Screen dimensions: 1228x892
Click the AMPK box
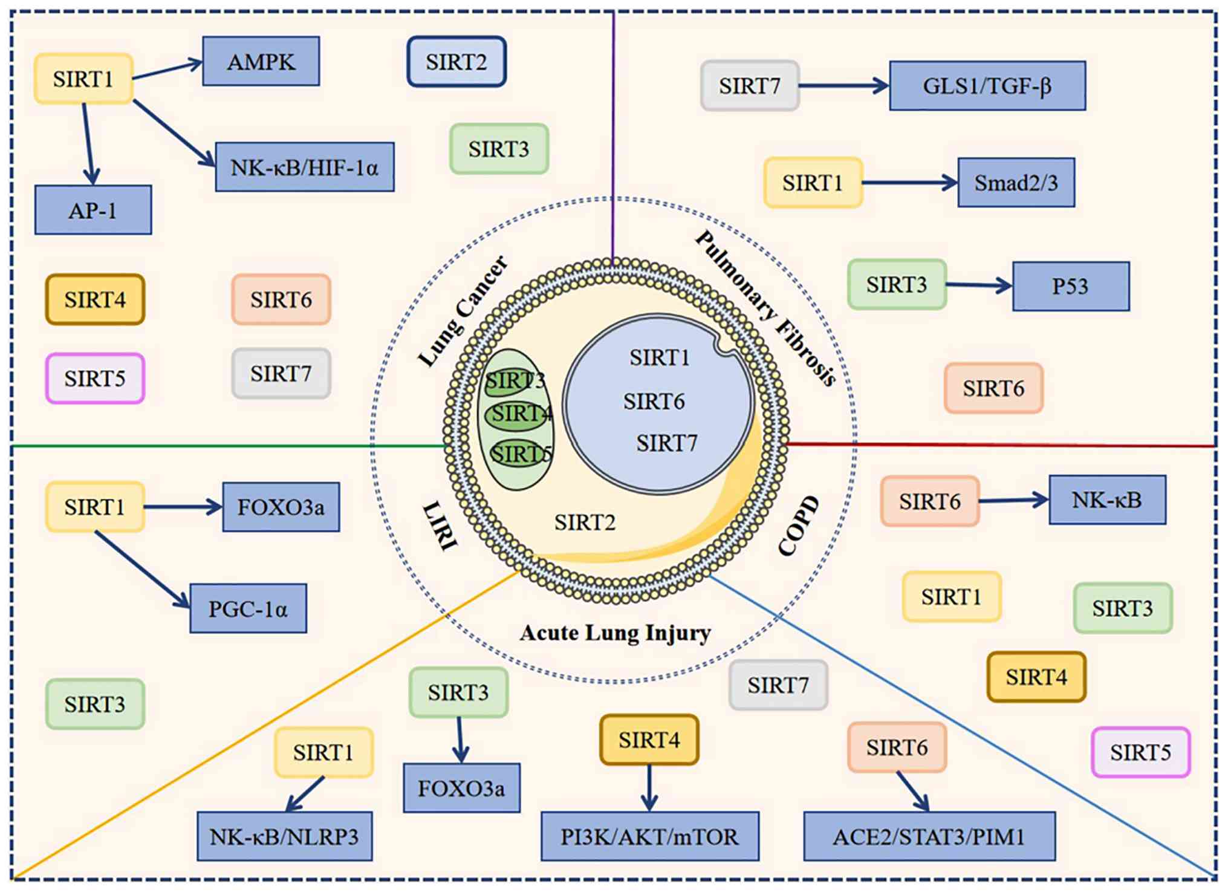(261, 61)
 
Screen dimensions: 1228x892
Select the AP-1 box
(93, 210)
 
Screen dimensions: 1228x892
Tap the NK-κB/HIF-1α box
(305, 167)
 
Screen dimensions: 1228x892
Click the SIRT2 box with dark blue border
(456, 62)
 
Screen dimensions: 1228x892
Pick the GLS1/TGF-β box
(987, 85)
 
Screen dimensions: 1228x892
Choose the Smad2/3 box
(1016, 183)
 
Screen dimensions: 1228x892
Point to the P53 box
(1071, 286)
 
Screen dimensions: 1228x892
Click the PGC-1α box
(249, 608)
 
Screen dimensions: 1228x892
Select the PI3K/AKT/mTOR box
(650, 836)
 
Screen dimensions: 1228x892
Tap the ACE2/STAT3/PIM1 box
(930, 836)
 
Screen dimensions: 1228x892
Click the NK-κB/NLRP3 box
(285, 836)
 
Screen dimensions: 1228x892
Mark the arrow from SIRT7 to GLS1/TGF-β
(844, 86)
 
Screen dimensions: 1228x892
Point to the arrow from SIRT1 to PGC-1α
(143, 570)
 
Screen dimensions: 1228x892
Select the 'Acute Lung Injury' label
(616, 633)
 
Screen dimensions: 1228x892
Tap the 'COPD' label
(799, 526)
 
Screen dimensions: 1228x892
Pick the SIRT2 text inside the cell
(585, 522)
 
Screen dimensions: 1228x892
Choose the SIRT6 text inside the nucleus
(654, 401)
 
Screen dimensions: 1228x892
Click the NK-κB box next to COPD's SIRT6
(1107, 500)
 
